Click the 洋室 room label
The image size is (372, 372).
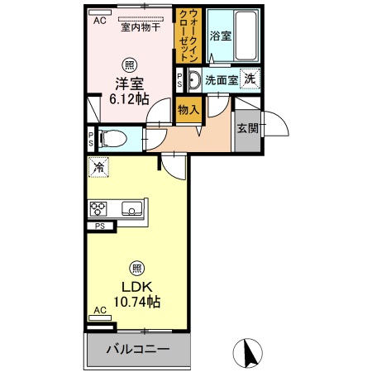pos(127,82)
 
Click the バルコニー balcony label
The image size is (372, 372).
pos(137,350)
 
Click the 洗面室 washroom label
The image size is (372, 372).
pos(221,81)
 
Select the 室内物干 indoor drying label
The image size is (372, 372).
pos(141,27)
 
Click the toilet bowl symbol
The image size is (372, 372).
pos(112,138)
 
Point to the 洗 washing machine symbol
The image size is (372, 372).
pos(250,79)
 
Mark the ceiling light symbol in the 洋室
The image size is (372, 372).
pos(129,64)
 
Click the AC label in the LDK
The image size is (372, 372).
pos(100,310)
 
